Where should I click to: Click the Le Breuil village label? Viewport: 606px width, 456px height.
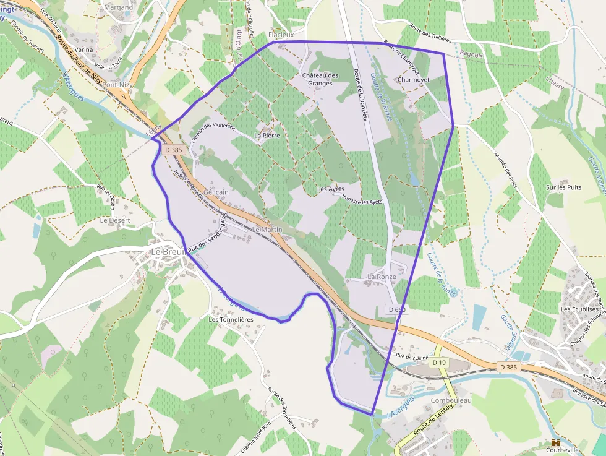(x=168, y=252)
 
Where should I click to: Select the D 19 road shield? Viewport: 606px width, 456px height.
(x=439, y=362)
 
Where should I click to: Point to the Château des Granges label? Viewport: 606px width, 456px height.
(x=320, y=79)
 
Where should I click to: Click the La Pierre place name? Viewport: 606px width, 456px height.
(x=267, y=135)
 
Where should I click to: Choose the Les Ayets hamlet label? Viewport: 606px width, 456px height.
(x=330, y=189)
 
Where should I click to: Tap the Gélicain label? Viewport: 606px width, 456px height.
(x=216, y=192)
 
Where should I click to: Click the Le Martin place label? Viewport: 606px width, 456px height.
(x=268, y=230)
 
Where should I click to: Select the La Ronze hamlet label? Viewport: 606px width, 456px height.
(x=382, y=276)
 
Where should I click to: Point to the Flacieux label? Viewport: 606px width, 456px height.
(x=281, y=35)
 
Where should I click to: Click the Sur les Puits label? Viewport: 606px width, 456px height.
(x=564, y=187)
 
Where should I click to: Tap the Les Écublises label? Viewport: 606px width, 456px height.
(x=579, y=309)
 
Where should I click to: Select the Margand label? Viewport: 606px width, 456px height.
(x=119, y=7)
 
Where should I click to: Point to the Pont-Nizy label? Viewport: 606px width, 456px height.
(x=119, y=84)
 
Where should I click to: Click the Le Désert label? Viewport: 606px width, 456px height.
(x=115, y=220)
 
